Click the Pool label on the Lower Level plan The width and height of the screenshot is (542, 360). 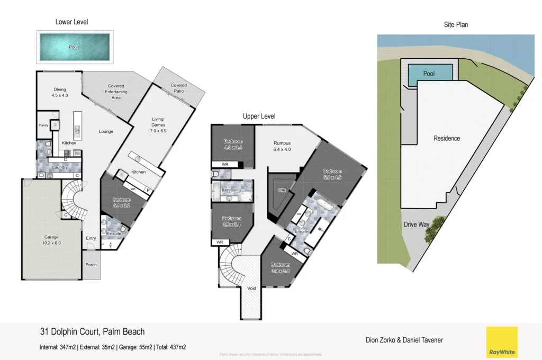pyautogui.click(x=73, y=47)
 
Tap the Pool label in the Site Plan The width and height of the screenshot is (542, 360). pyautogui.click(x=429, y=74)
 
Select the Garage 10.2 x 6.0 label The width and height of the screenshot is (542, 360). pyautogui.click(x=51, y=240)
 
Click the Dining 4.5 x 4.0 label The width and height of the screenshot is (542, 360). pyautogui.click(x=60, y=93)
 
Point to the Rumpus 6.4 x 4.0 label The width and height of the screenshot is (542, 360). pyautogui.click(x=282, y=146)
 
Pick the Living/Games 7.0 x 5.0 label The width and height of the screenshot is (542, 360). pyautogui.click(x=158, y=128)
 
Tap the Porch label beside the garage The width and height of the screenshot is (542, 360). pyautogui.click(x=91, y=264)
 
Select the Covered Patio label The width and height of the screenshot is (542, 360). pyautogui.click(x=178, y=88)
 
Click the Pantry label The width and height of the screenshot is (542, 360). pyautogui.click(x=44, y=125)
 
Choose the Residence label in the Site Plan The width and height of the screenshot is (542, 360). pyautogui.click(x=447, y=139)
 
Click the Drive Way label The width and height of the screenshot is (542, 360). pyautogui.click(x=417, y=224)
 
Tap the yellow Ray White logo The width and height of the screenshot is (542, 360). pyautogui.click(x=502, y=342)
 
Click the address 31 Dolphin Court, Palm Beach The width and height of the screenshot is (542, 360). pyautogui.click(x=92, y=332)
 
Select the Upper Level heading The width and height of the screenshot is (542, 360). pyautogui.click(x=259, y=116)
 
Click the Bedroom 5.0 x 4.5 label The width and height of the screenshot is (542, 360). pyautogui.click(x=333, y=174)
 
